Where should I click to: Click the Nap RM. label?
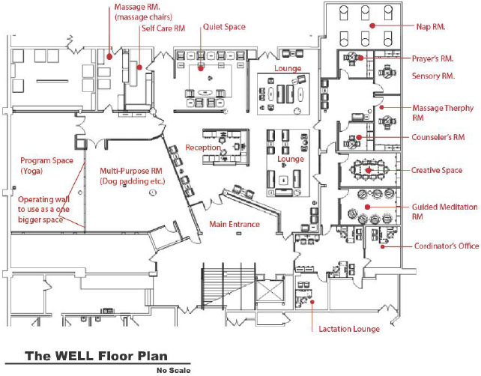pos(431,27)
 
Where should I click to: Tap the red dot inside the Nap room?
pos(372,25)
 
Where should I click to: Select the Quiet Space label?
pos(224,27)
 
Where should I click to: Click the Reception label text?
pos(203,148)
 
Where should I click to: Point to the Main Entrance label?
pos(235,224)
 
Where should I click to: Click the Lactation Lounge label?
pos(349,329)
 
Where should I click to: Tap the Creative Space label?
pos(437,170)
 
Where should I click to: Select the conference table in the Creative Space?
pos(368,169)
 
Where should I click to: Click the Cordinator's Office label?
pos(447,246)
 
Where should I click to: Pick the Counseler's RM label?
pos(438,137)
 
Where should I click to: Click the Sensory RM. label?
pos(433,76)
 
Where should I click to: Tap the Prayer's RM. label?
pos(432,58)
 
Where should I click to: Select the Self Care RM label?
pos(163,28)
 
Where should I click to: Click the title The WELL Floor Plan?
pos(97,356)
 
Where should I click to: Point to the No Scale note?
pos(173,371)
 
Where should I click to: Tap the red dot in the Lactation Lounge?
pos(312,302)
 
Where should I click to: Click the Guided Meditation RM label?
pos(444,212)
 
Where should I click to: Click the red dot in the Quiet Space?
pos(201,68)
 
